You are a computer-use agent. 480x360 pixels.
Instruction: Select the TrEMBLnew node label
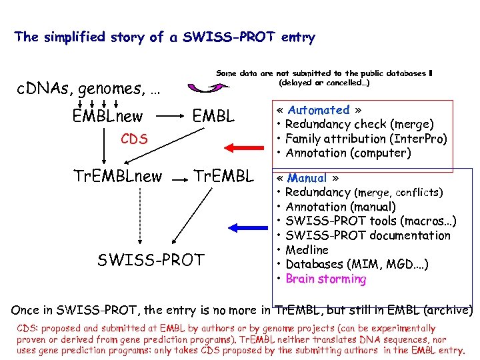(x=117, y=177)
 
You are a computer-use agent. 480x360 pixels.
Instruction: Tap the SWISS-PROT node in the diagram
(x=151, y=259)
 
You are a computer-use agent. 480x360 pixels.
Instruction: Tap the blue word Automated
(x=319, y=110)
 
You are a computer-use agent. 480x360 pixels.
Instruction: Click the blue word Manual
(x=307, y=178)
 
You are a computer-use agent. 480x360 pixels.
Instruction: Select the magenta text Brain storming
(x=326, y=279)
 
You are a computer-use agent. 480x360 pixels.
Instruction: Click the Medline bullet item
(x=307, y=250)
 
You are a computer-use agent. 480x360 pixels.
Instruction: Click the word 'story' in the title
(x=125, y=37)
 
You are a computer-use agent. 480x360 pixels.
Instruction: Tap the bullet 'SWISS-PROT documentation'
(x=368, y=235)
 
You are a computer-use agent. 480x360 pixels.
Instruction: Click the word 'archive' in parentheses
(x=449, y=310)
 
